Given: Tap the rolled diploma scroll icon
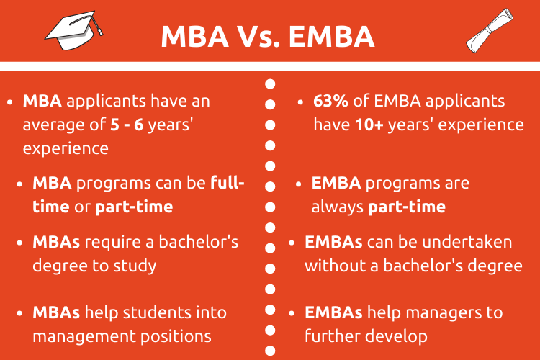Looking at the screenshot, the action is (490, 31).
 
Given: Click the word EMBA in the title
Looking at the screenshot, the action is (331, 36).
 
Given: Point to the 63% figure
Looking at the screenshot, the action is (330, 101).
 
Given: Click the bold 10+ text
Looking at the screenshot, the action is (369, 125).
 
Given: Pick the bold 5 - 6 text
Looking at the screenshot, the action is (127, 125).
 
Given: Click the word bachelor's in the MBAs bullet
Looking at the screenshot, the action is (199, 242).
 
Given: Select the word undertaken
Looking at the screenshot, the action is (467, 242).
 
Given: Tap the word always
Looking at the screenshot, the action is (337, 207).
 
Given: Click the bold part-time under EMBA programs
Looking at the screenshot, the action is (407, 207).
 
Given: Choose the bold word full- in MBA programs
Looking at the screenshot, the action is (228, 183).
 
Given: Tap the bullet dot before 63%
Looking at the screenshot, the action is (300, 102).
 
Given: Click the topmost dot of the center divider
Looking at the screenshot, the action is (270, 84).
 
